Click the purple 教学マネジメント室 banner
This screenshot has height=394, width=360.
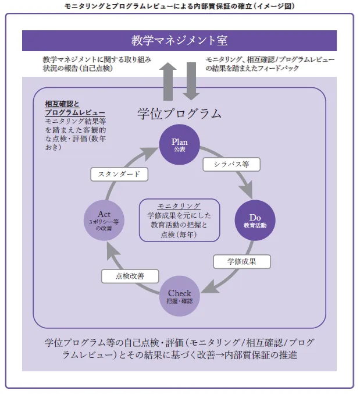[179, 41]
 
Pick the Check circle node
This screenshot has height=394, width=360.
[179, 297]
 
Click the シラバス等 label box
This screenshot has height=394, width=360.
[230, 165]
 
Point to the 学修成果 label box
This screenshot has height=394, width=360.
[241, 261]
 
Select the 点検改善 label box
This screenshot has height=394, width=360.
[130, 276]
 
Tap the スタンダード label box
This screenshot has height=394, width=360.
[119, 174]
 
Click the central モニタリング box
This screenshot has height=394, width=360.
[179, 220]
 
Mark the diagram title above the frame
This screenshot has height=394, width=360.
[179, 6]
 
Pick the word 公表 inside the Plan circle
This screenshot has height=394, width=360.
[179, 150]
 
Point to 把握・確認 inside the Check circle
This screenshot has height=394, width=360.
[179, 301]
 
